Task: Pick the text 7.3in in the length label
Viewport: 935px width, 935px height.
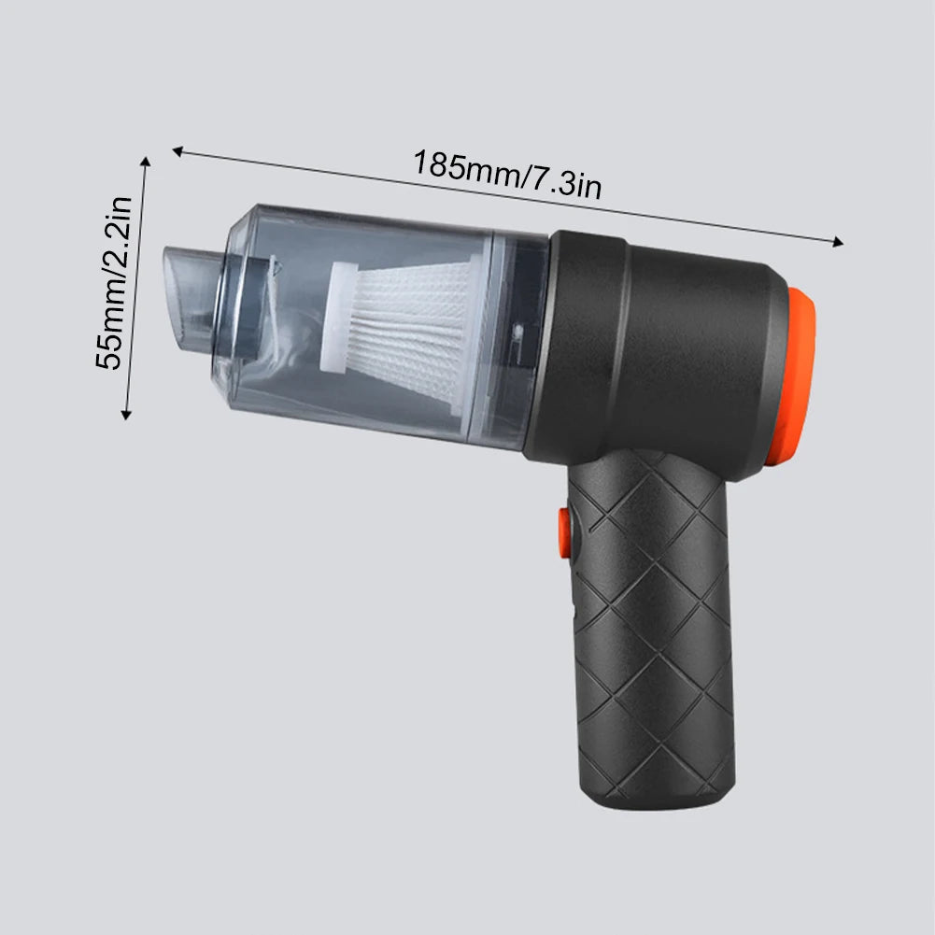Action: (566, 181)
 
